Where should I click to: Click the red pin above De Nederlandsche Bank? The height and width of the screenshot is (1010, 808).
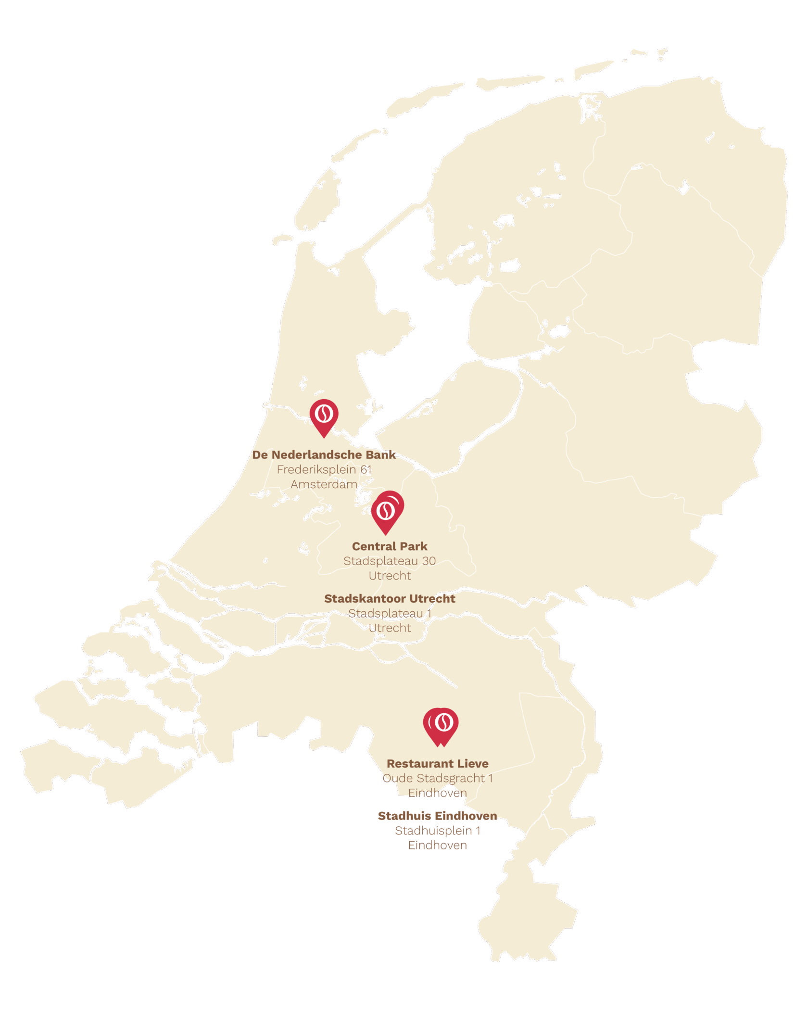click(x=324, y=417)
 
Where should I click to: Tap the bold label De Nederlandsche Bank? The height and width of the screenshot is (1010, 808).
click(x=324, y=454)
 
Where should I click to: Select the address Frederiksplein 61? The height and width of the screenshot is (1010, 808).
click(x=324, y=469)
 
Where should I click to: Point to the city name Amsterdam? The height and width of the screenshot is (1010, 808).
click(x=324, y=484)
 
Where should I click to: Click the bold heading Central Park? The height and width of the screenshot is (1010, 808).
click(x=390, y=546)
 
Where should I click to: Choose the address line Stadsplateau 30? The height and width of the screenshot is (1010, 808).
click(x=390, y=561)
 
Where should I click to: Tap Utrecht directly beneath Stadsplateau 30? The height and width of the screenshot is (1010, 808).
click(x=390, y=576)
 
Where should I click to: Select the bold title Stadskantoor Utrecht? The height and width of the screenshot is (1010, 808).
click(x=390, y=598)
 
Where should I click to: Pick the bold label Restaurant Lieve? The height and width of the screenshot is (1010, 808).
click(x=438, y=764)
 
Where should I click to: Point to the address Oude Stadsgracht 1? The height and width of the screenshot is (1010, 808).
click(x=438, y=778)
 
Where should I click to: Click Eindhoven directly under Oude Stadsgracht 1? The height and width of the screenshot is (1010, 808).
click(x=438, y=793)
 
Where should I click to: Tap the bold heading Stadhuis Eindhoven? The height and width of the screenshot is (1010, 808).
click(x=438, y=816)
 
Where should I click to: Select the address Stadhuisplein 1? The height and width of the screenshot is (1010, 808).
click(x=438, y=831)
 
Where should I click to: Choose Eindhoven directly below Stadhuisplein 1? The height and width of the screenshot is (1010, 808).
click(x=438, y=845)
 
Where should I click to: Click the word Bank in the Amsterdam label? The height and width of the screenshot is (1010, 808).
click(x=380, y=454)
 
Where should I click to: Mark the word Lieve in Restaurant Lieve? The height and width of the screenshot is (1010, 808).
click(x=473, y=764)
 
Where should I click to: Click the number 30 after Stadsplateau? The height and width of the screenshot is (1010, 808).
click(x=429, y=561)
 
